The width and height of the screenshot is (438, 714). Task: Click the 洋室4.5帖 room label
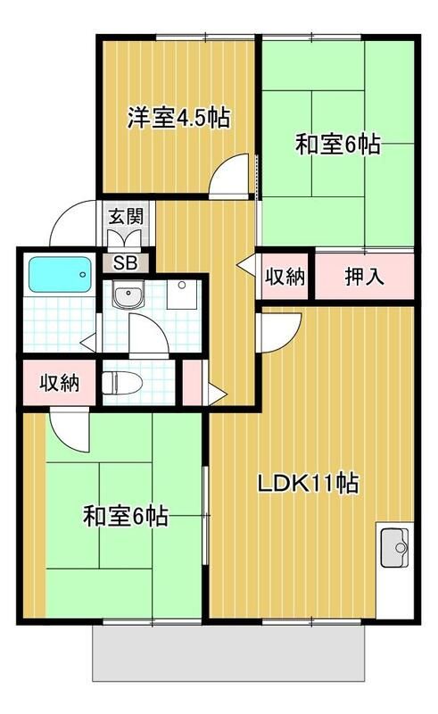[178, 117]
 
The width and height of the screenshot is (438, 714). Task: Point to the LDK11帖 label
[309, 485]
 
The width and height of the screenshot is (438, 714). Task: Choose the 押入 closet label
[365, 277]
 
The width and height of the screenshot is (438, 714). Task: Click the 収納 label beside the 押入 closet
[285, 277]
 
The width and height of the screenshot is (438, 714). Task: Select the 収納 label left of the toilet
[59, 384]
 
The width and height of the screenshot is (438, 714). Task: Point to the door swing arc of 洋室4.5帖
[230, 175]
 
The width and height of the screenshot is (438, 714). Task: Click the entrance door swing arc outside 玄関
[73, 225]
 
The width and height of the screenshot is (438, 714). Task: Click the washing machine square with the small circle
[181, 295]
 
